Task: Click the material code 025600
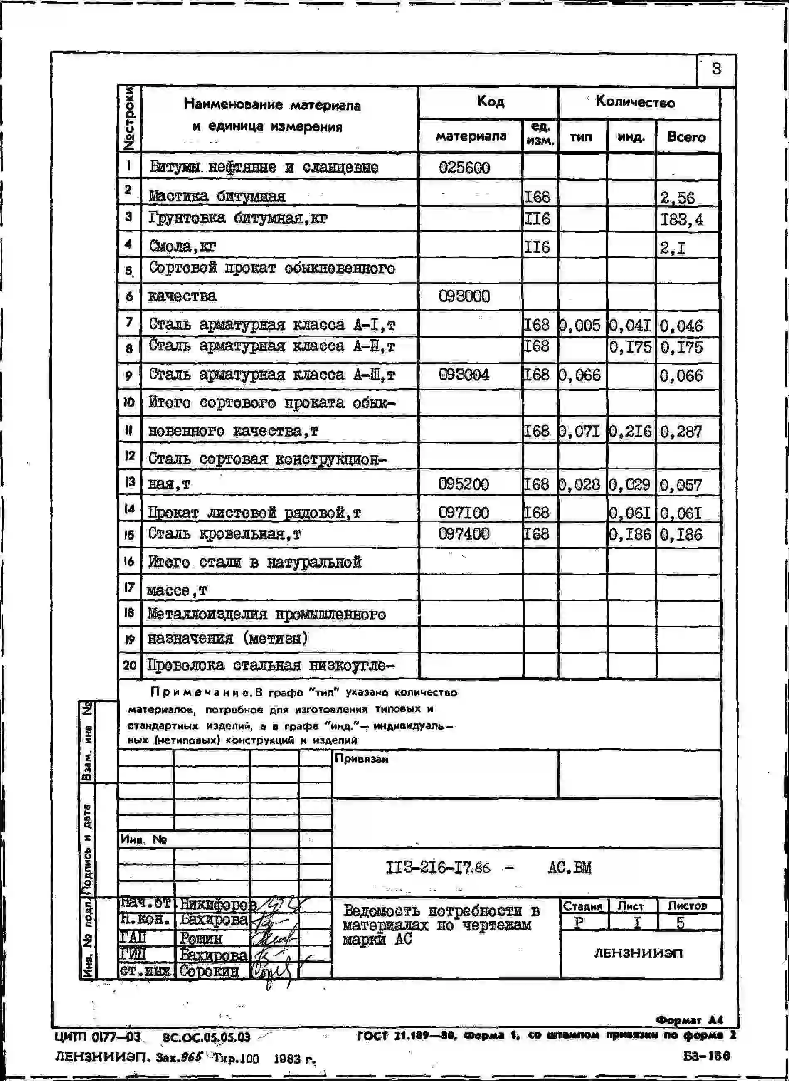464,168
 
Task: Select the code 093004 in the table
464,375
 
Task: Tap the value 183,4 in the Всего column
681,220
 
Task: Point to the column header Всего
686,137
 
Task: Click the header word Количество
635,102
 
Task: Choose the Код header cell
490,101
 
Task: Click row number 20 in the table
129,665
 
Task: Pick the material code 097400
464,533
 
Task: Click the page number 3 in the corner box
716,69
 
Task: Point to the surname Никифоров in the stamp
218,904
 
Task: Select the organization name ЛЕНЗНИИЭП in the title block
638,953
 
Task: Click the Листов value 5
681,923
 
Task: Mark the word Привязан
362,758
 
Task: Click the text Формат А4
690,1020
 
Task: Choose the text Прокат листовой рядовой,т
254,513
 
